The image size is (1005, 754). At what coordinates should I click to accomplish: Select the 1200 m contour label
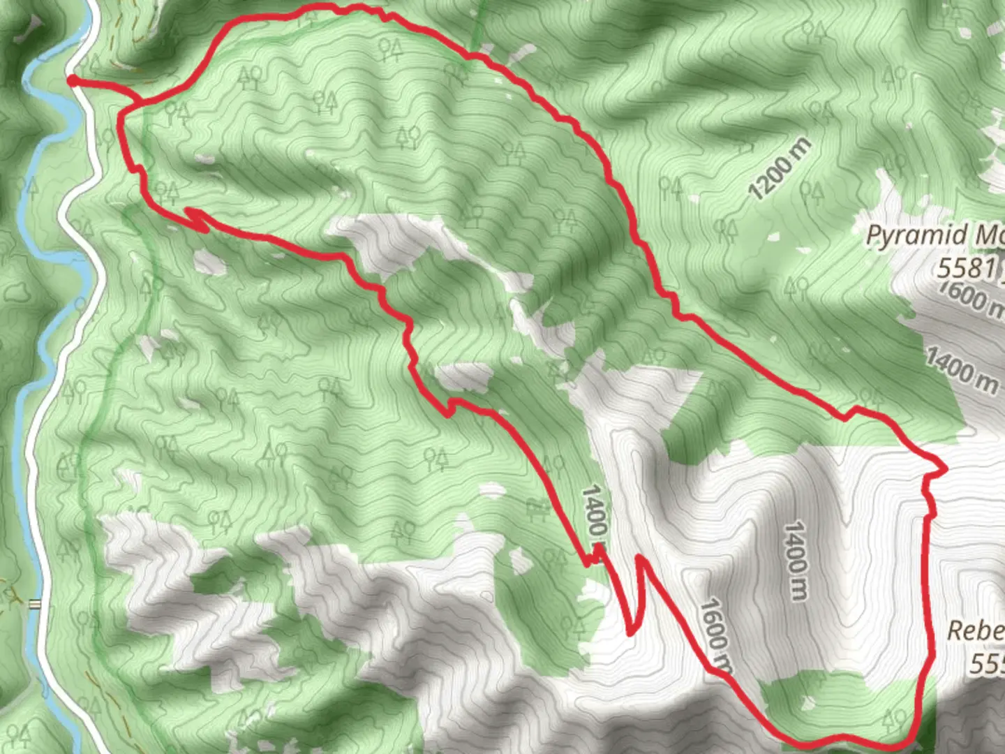pos(780,169)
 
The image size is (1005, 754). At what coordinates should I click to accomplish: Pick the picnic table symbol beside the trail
pos(537,511)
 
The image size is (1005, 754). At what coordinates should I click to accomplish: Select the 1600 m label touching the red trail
pos(716,635)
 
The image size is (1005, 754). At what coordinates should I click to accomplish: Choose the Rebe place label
pos(975,631)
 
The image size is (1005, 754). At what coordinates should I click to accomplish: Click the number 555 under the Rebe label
pos(987,663)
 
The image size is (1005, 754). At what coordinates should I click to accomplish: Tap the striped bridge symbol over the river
pos(34,605)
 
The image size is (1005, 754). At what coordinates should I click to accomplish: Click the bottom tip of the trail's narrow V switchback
pos(631,633)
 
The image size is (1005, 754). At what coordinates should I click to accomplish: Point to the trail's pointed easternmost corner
pos(945,470)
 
